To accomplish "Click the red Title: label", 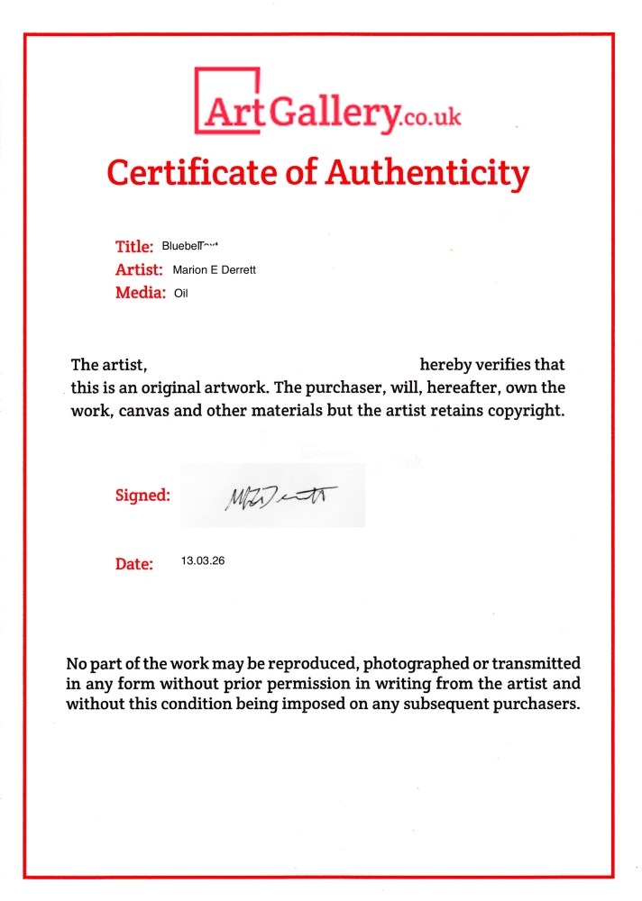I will [x=134, y=246].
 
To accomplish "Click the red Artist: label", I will [x=138, y=269].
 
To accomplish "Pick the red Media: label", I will [x=140, y=293].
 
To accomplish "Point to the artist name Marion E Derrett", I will [x=214, y=269].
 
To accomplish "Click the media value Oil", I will [x=180, y=293].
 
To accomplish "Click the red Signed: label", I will [x=142, y=495].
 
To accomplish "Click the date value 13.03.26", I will [x=203, y=560].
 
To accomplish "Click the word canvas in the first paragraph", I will [x=140, y=412].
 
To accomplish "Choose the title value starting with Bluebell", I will [x=190, y=246].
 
